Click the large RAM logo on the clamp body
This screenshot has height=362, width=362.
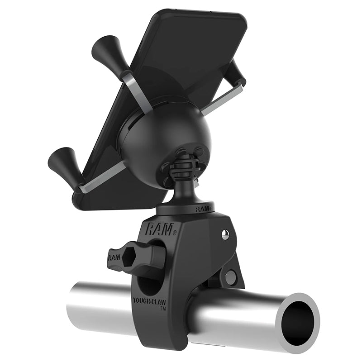[x=158, y=229]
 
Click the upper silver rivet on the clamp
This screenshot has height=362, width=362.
[x=225, y=234]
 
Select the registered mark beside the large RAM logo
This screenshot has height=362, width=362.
[x=174, y=233]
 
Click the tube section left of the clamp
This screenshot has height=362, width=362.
[x=97, y=305]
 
